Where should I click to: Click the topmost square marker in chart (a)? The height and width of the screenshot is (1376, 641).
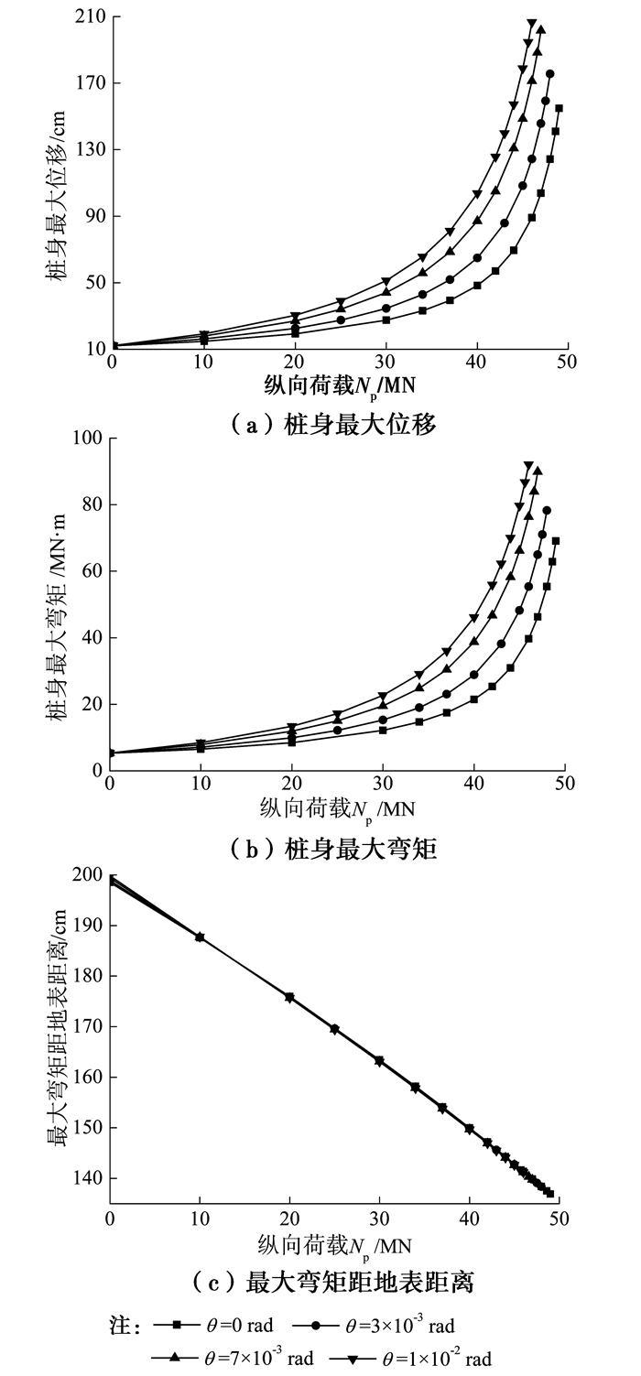click(559, 108)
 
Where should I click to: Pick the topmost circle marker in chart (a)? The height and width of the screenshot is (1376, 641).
click(550, 74)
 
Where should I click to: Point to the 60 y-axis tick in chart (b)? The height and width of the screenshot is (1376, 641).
click(92, 570)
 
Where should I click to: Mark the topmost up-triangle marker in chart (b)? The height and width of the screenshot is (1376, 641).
click(538, 471)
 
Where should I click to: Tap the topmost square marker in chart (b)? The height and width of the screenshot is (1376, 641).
click(555, 541)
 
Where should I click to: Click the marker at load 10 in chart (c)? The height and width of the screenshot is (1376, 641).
click(200, 937)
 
